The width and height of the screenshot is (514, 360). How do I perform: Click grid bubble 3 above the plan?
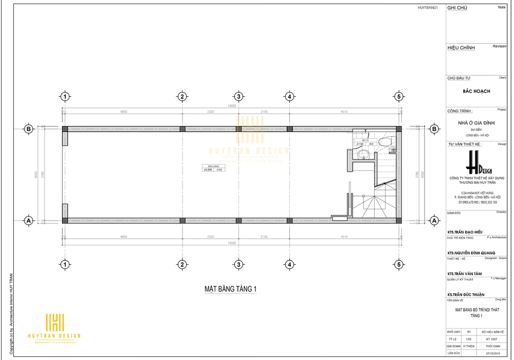pyautogui.click(x=238, y=97)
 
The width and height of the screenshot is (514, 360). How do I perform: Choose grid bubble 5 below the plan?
pyautogui.click(x=398, y=264)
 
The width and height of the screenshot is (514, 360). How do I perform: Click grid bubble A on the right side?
pyautogui.click(x=434, y=221)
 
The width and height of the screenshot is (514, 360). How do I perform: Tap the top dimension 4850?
pyautogui.click(x=123, y=111)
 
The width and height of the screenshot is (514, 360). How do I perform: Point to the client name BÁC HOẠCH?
pyautogui.click(x=476, y=91)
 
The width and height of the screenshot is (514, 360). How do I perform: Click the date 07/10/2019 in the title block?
pyautogui.click(x=488, y=353)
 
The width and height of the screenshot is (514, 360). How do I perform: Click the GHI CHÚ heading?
pyautogui.click(x=457, y=8)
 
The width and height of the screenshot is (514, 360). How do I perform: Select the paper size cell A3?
pyautogui.click(x=468, y=332)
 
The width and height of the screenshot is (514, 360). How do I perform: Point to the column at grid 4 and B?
pyautogui.click(x=289, y=129)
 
